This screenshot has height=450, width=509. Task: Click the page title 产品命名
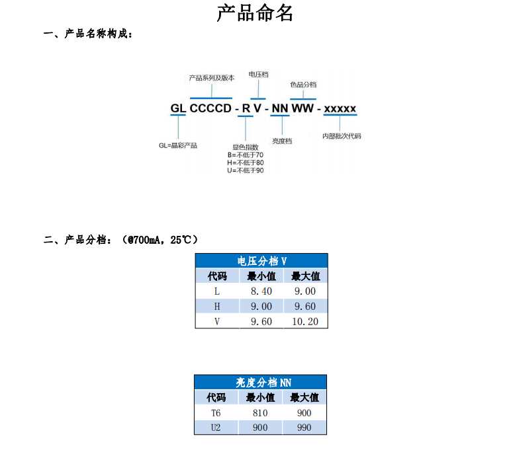coord(255,13)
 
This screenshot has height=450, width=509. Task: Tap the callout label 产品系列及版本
coord(211,78)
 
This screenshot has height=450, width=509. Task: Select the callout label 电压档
coord(258,75)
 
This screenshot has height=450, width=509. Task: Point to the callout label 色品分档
coord(303,85)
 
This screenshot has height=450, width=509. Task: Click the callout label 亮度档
coord(282,141)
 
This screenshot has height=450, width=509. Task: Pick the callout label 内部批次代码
coord(342,136)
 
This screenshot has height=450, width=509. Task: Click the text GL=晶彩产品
coord(178,145)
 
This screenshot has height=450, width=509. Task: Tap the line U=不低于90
coord(245,170)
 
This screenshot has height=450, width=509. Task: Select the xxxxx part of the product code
coord(340,108)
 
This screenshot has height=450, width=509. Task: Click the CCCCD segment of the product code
coord(210,108)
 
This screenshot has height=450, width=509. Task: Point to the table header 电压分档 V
coord(261,261)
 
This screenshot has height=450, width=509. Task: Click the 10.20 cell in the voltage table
coord(304,322)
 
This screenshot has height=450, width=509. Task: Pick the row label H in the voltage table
coord(216,307)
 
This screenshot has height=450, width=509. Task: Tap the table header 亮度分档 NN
coord(261,383)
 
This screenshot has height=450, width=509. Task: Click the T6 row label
coord(216,413)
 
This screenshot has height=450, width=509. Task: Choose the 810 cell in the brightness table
coord(260,413)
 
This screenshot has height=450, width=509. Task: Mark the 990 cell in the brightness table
coord(304,428)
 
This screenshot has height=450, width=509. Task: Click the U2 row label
coord(216,428)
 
